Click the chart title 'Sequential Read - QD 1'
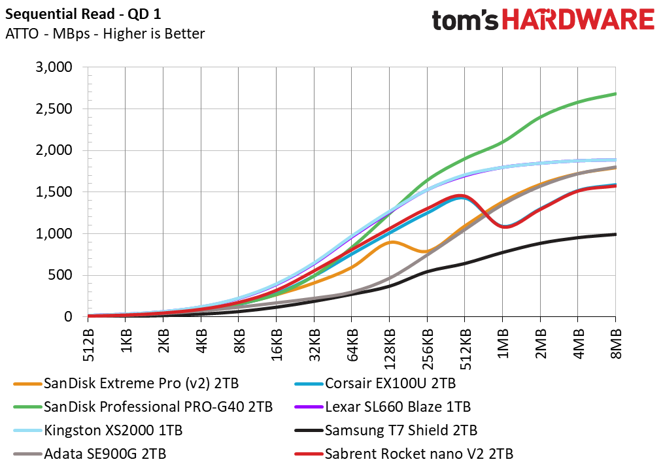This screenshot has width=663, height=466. point(83,14)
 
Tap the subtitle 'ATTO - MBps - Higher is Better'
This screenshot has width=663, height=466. point(105,33)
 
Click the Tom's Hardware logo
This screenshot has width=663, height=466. point(543,20)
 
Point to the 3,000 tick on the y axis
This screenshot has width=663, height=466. point(54,67)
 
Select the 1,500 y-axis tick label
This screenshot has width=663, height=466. point(54,191)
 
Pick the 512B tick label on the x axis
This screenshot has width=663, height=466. point(88,345)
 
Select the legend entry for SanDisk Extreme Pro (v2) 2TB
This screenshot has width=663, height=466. point(126,383)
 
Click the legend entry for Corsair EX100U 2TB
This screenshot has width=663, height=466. point(375,383)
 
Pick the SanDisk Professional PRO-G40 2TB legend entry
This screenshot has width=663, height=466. point(143,407)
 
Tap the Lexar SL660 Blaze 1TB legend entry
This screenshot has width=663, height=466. point(382,407)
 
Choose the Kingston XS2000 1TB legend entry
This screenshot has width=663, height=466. point(98,431)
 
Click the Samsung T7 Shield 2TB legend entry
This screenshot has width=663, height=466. point(386,431)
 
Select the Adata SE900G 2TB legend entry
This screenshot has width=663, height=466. point(90,454)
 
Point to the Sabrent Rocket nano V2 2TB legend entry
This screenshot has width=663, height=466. point(404,454)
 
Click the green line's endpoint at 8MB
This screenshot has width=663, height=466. point(616,94)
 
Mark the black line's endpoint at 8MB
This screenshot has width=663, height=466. point(616,234)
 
